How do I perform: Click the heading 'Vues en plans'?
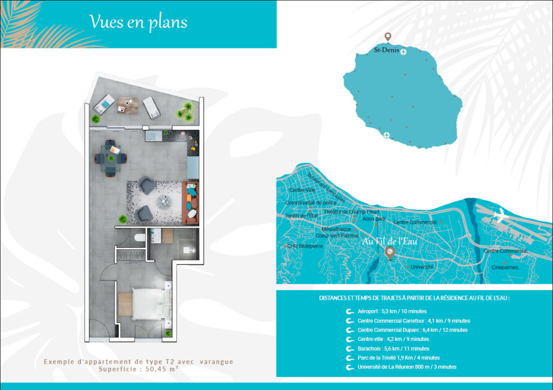[x=138, y=22]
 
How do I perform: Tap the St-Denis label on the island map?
[x=387, y=50]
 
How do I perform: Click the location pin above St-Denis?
[x=388, y=37]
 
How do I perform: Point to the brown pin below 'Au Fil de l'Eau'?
[x=389, y=252]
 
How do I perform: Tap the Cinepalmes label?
[x=505, y=267]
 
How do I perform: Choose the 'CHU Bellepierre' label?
[x=305, y=246]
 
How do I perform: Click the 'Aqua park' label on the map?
[x=374, y=219]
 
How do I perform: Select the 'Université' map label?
[x=422, y=267]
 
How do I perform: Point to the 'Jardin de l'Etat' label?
[x=302, y=215]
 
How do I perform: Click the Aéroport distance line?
[x=392, y=311]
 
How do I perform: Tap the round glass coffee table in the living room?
[x=165, y=201]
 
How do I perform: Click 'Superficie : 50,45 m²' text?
[x=139, y=370]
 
